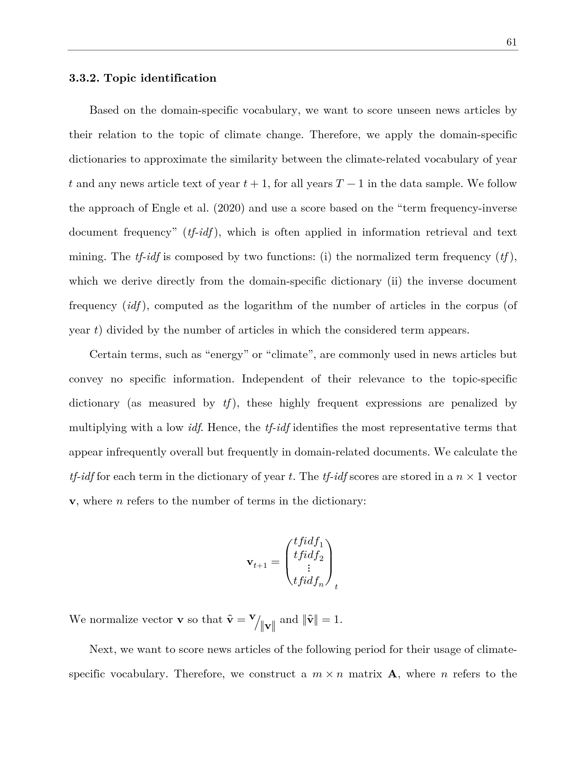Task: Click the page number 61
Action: [x=511, y=42]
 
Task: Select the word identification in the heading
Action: [x=179, y=78]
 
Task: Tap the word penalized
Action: [x=474, y=403]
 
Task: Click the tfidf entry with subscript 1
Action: [x=308, y=542]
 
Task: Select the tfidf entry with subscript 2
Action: [x=308, y=556]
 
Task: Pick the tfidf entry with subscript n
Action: [x=308, y=582]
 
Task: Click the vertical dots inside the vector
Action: [x=309, y=569]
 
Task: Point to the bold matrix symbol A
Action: [x=392, y=674]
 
